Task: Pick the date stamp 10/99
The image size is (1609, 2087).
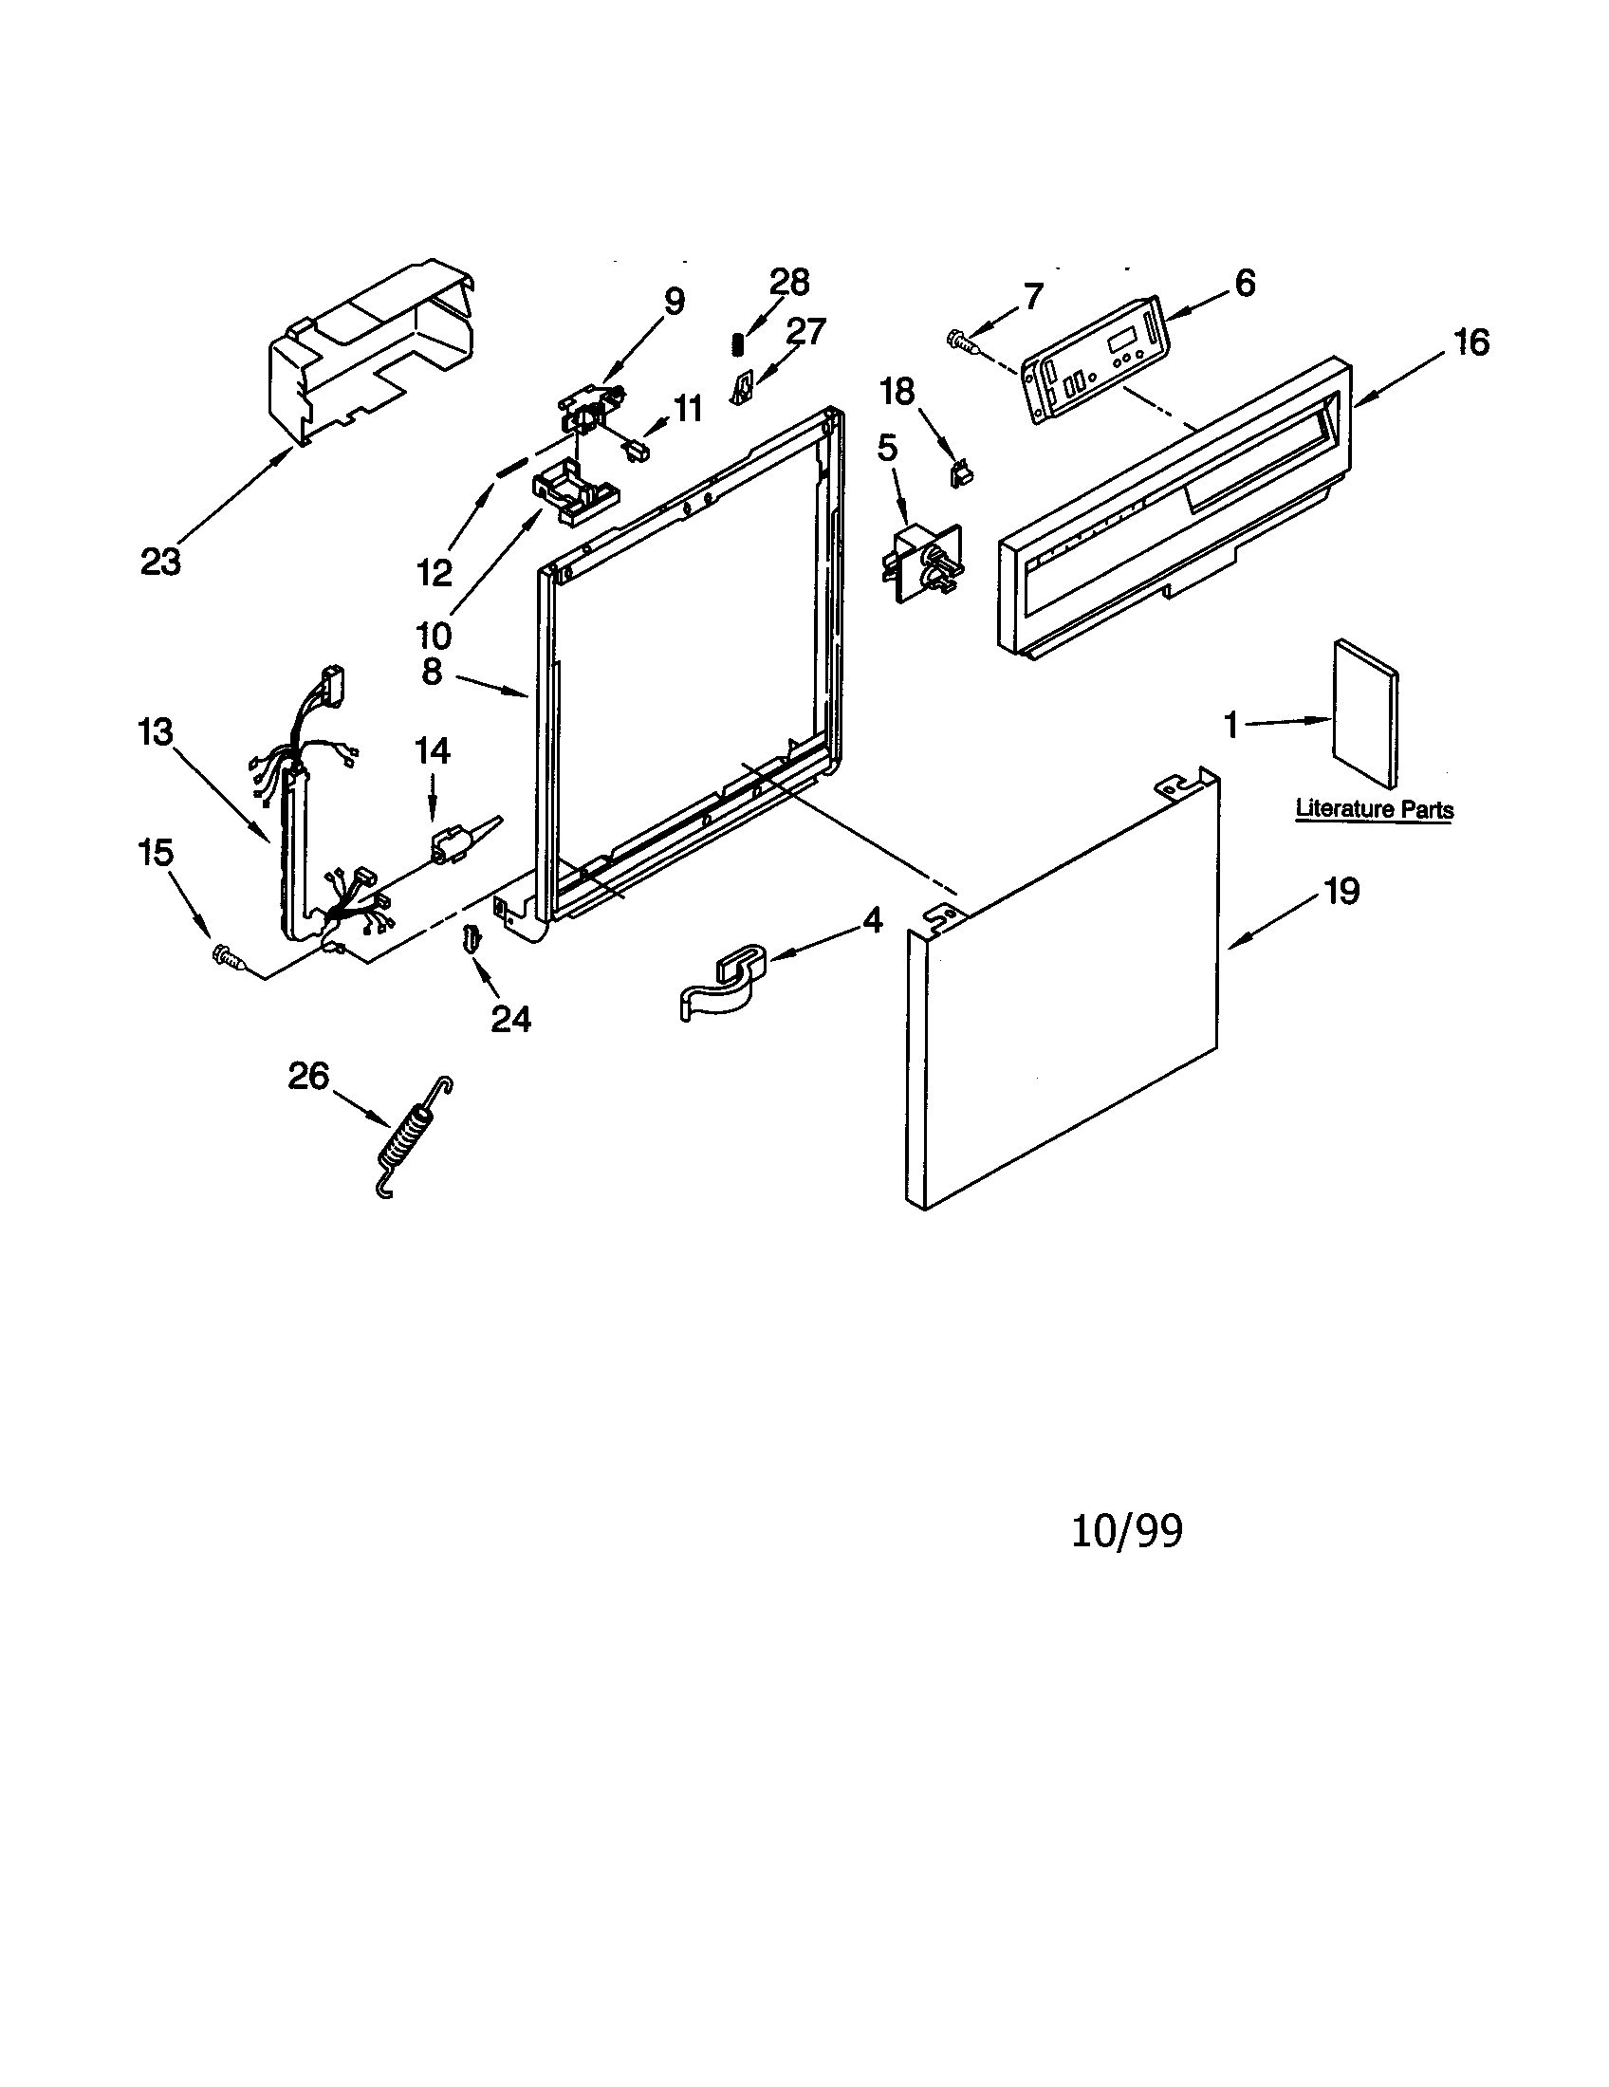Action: [1126, 1531]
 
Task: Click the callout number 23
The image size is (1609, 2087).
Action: [160, 562]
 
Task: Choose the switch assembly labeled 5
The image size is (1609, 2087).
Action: [919, 562]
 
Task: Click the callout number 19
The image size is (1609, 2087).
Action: [1341, 892]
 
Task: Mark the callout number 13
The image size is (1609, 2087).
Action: [155, 733]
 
